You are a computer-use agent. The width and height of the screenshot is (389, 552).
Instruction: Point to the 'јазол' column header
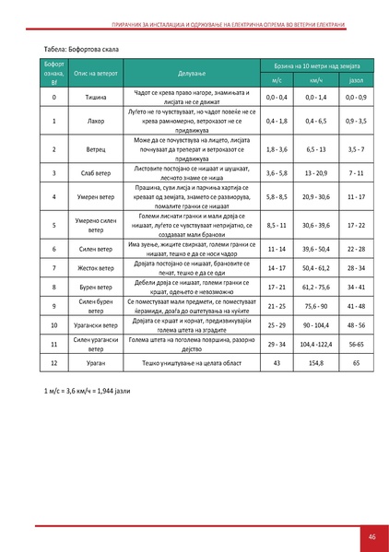pos(357,80)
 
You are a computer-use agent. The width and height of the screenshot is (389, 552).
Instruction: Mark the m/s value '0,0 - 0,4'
pos(277,96)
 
